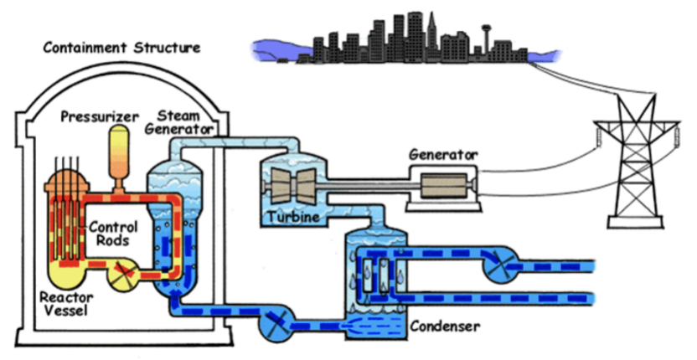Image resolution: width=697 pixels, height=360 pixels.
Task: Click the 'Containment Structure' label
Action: pos(121,47)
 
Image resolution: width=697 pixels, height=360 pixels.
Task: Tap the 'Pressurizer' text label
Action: pos(99,116)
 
